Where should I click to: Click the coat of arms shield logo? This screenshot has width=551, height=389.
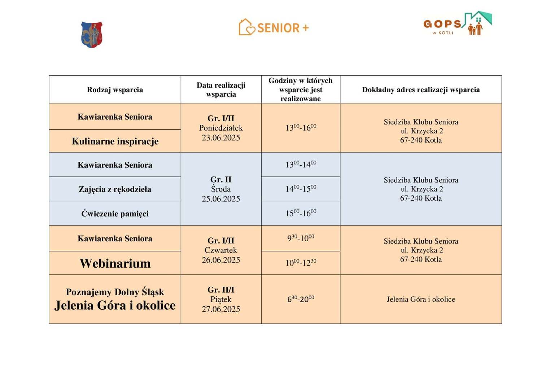[92, 34]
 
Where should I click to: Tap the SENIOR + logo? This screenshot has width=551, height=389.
[274, 27]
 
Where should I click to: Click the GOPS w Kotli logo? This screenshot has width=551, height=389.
[457, 24]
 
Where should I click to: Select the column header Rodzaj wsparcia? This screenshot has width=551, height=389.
[115, 90]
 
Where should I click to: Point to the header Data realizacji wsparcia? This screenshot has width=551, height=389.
[221, 90]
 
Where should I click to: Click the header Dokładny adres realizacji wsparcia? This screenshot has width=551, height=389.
[421, 90]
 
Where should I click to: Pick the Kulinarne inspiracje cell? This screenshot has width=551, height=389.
[115, 141]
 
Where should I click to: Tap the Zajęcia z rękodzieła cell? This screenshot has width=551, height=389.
[115, 189]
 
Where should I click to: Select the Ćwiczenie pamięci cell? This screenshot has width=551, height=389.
[115, 214]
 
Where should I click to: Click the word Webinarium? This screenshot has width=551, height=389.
[115, 263]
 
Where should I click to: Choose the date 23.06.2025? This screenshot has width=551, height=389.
[221, 138]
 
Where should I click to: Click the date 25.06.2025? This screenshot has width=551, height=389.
[221, 199]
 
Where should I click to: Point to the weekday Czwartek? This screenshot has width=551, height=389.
[221, 250]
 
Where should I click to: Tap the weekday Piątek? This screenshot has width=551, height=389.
[221, 299]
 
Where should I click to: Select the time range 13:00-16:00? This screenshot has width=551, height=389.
[301, 128]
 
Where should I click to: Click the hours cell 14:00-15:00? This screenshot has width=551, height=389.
[301, 189]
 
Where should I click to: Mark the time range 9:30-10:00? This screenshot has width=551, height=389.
[301, 238]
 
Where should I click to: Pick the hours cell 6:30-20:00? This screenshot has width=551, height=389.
[301, 299]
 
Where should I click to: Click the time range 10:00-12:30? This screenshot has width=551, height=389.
[301, 263]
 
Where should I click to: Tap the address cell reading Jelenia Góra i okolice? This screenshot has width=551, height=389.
[421, 299]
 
